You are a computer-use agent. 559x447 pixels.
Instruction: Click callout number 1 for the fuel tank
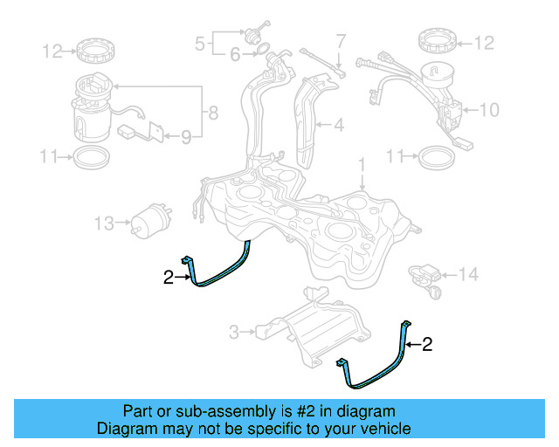[361, 164]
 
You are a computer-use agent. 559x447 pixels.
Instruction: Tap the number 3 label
[233, 332]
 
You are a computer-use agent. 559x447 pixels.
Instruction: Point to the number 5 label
[199, 41]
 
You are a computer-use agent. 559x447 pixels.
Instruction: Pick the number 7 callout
[342, 40]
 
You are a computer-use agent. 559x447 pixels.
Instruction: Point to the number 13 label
[104, 224]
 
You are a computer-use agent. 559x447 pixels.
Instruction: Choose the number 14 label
[469, 275]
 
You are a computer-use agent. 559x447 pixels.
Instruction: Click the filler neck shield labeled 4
[309, 118]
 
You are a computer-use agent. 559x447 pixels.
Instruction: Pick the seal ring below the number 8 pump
[90, 158]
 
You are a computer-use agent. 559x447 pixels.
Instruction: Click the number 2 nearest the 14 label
[427, 345]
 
